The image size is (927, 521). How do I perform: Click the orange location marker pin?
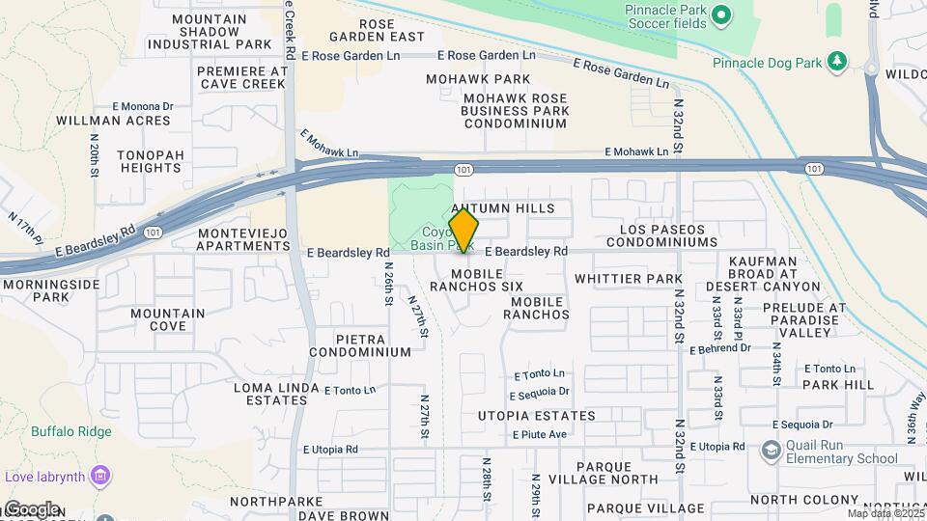(464, 232)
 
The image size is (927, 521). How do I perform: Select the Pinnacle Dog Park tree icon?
(836, 63)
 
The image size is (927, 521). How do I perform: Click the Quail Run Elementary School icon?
(772, 451)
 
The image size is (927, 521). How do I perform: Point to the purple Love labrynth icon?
(100, 475)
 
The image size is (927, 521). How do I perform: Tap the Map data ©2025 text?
(885, 513)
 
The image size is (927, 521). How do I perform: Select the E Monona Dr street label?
(142, 106)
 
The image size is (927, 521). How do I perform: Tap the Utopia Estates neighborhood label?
(536, 416)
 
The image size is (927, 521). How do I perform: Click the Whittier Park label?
(628, 278)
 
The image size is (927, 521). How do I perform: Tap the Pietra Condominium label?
(360, 345)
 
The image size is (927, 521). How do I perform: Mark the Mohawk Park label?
(480, 79)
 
